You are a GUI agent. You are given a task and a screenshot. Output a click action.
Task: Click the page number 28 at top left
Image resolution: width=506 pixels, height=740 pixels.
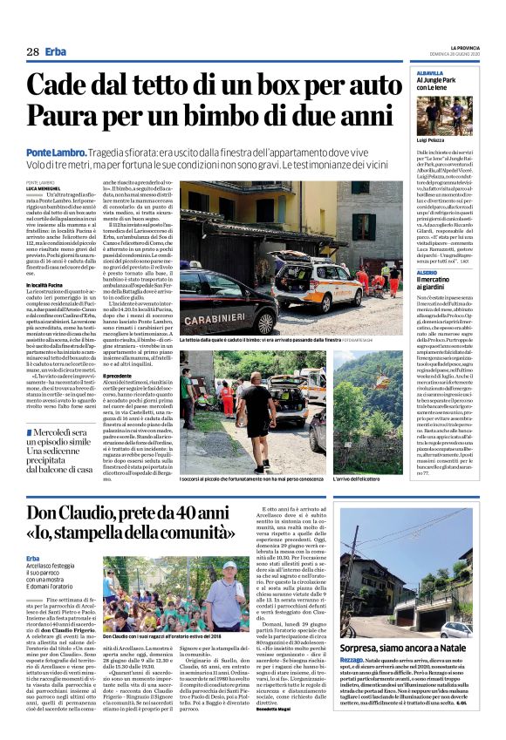(32, 51)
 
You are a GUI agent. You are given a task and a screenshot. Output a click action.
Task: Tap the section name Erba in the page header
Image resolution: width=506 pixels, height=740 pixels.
(55, 51)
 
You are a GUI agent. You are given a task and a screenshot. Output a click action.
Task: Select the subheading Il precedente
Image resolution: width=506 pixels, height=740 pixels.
(120, 375)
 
